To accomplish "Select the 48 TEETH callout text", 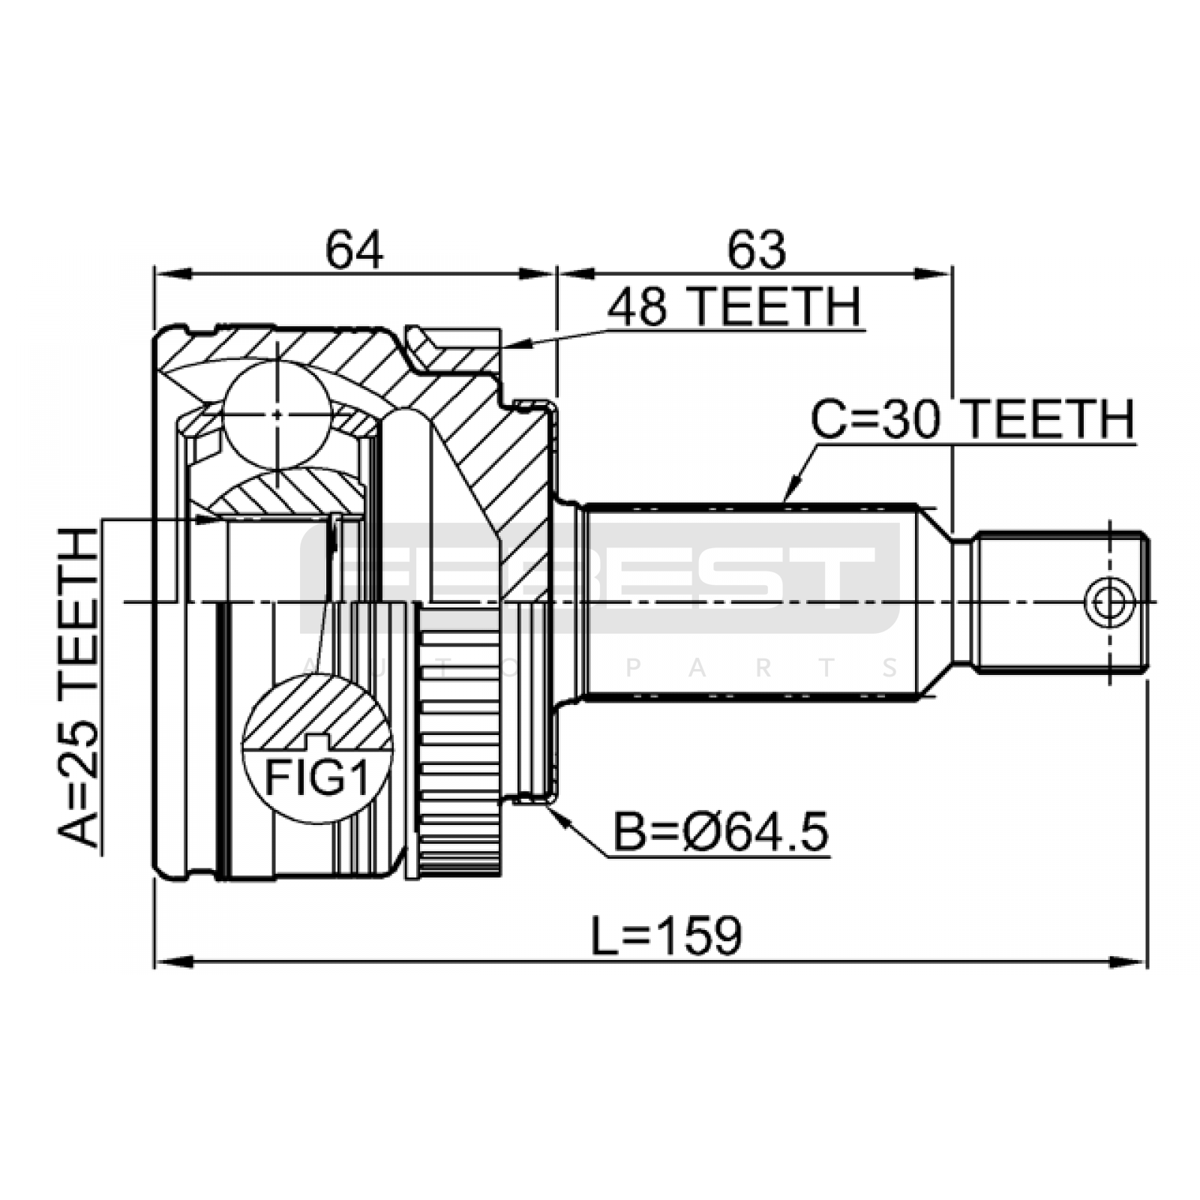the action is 734,307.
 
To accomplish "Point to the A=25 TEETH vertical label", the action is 79,687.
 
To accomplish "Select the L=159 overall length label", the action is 666,935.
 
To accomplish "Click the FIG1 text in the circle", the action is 317,779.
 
